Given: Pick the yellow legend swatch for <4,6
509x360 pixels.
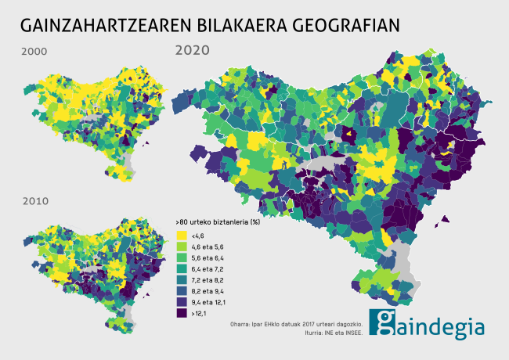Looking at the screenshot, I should pos(182,236).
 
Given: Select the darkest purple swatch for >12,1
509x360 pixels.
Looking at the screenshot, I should pos(182,313).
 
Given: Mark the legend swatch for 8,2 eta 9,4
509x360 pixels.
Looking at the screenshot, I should pos(182,290).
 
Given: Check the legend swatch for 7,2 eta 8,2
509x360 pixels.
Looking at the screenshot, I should pos(182,279).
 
